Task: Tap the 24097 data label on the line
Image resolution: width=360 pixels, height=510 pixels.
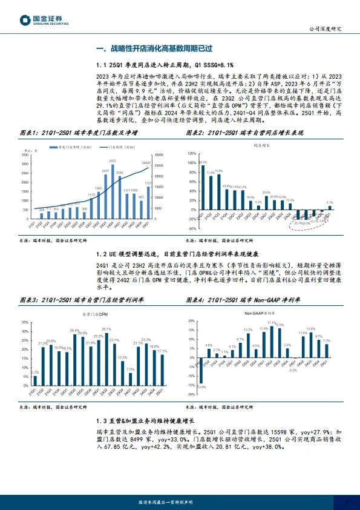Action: click(146, 163)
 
